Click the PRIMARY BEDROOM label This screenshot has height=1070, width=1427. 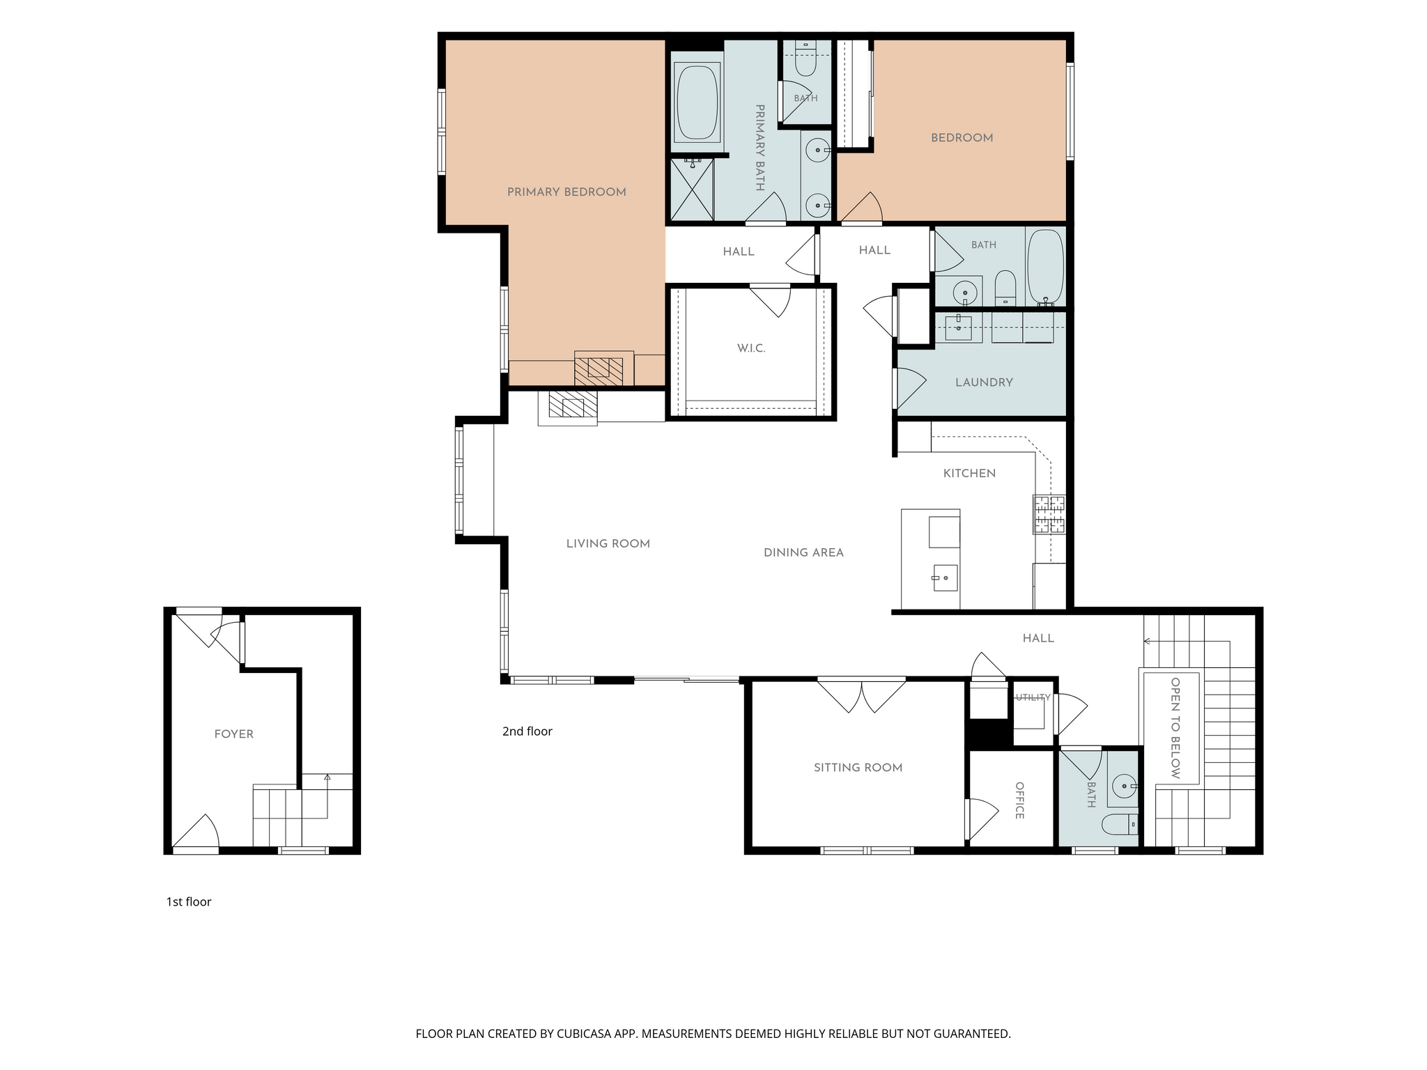[x=566, y=192]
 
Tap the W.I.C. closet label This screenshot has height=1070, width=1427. [x=751, y=348]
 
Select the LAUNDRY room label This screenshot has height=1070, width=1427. [x=984, y=382]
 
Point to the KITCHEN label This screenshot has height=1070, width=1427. [x=969, y=474]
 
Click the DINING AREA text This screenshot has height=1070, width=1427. [x=803, y=553]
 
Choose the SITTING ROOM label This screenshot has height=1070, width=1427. [x=858, y=768]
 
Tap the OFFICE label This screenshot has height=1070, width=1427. [x=1019, y=800]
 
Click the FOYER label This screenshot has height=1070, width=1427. [x=233, y=734]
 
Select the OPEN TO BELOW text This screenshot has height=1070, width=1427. [x=1175, y=728]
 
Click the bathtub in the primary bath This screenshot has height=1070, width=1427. [x=697, y=102]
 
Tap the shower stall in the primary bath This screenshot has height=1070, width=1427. [x=692, y=189]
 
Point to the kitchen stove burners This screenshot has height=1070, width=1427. [x=1049, y=515]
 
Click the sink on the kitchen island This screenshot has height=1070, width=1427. [x=945, y=577]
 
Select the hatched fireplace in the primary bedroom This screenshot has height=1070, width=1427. [x=599, y=371]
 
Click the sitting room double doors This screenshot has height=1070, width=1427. [x=861, y=696]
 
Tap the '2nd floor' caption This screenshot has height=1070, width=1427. [x=527, y=731]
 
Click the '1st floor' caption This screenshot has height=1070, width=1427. [x=188, y=902]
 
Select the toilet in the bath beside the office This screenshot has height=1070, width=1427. [x=1120, y=825]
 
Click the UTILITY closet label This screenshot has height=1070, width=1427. [x=1033, y=697]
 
